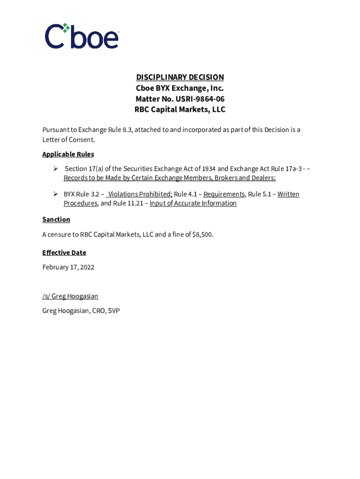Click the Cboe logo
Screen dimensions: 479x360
click(82, 36)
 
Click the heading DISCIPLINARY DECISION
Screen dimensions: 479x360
click(180, 77)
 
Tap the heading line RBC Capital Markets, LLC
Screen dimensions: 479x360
click(180, 110)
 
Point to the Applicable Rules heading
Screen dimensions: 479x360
click(68, 154)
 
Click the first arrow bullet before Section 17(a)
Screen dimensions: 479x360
click(55, 168)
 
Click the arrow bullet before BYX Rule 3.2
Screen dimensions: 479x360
click(55, 194)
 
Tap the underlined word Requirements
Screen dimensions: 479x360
click(224, 194)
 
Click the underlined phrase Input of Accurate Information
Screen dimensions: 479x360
click(193, 203)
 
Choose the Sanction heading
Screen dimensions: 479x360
click(56, 219)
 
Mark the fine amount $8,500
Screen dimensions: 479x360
click(202, 235)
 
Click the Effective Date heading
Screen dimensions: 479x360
click(64, 253)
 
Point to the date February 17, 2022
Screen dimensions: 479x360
click(68, 268)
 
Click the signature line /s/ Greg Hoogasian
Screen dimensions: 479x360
click(70, 296)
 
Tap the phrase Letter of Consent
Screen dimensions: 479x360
click(68, 139)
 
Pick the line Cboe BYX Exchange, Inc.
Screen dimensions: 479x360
click(180, 88)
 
